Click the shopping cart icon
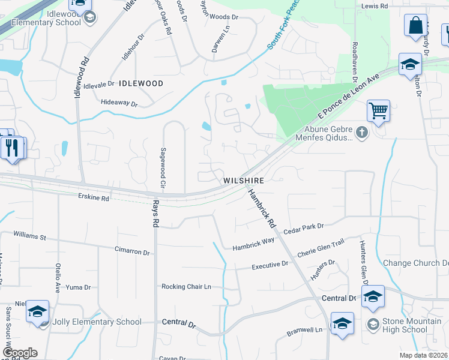(378, 111)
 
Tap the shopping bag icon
(415, 26)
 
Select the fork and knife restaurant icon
(13, 147)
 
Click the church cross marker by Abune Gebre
(361, 132)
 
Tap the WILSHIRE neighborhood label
(244, 180)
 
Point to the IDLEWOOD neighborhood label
(141, 83)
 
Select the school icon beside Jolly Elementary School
(37, 311)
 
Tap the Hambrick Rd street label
(262, 206)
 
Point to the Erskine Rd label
(94, 197)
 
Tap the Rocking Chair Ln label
(186, 287)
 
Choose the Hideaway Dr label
(119, 104)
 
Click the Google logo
(20, 353)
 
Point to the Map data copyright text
(423, 355)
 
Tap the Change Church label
(415, 263)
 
